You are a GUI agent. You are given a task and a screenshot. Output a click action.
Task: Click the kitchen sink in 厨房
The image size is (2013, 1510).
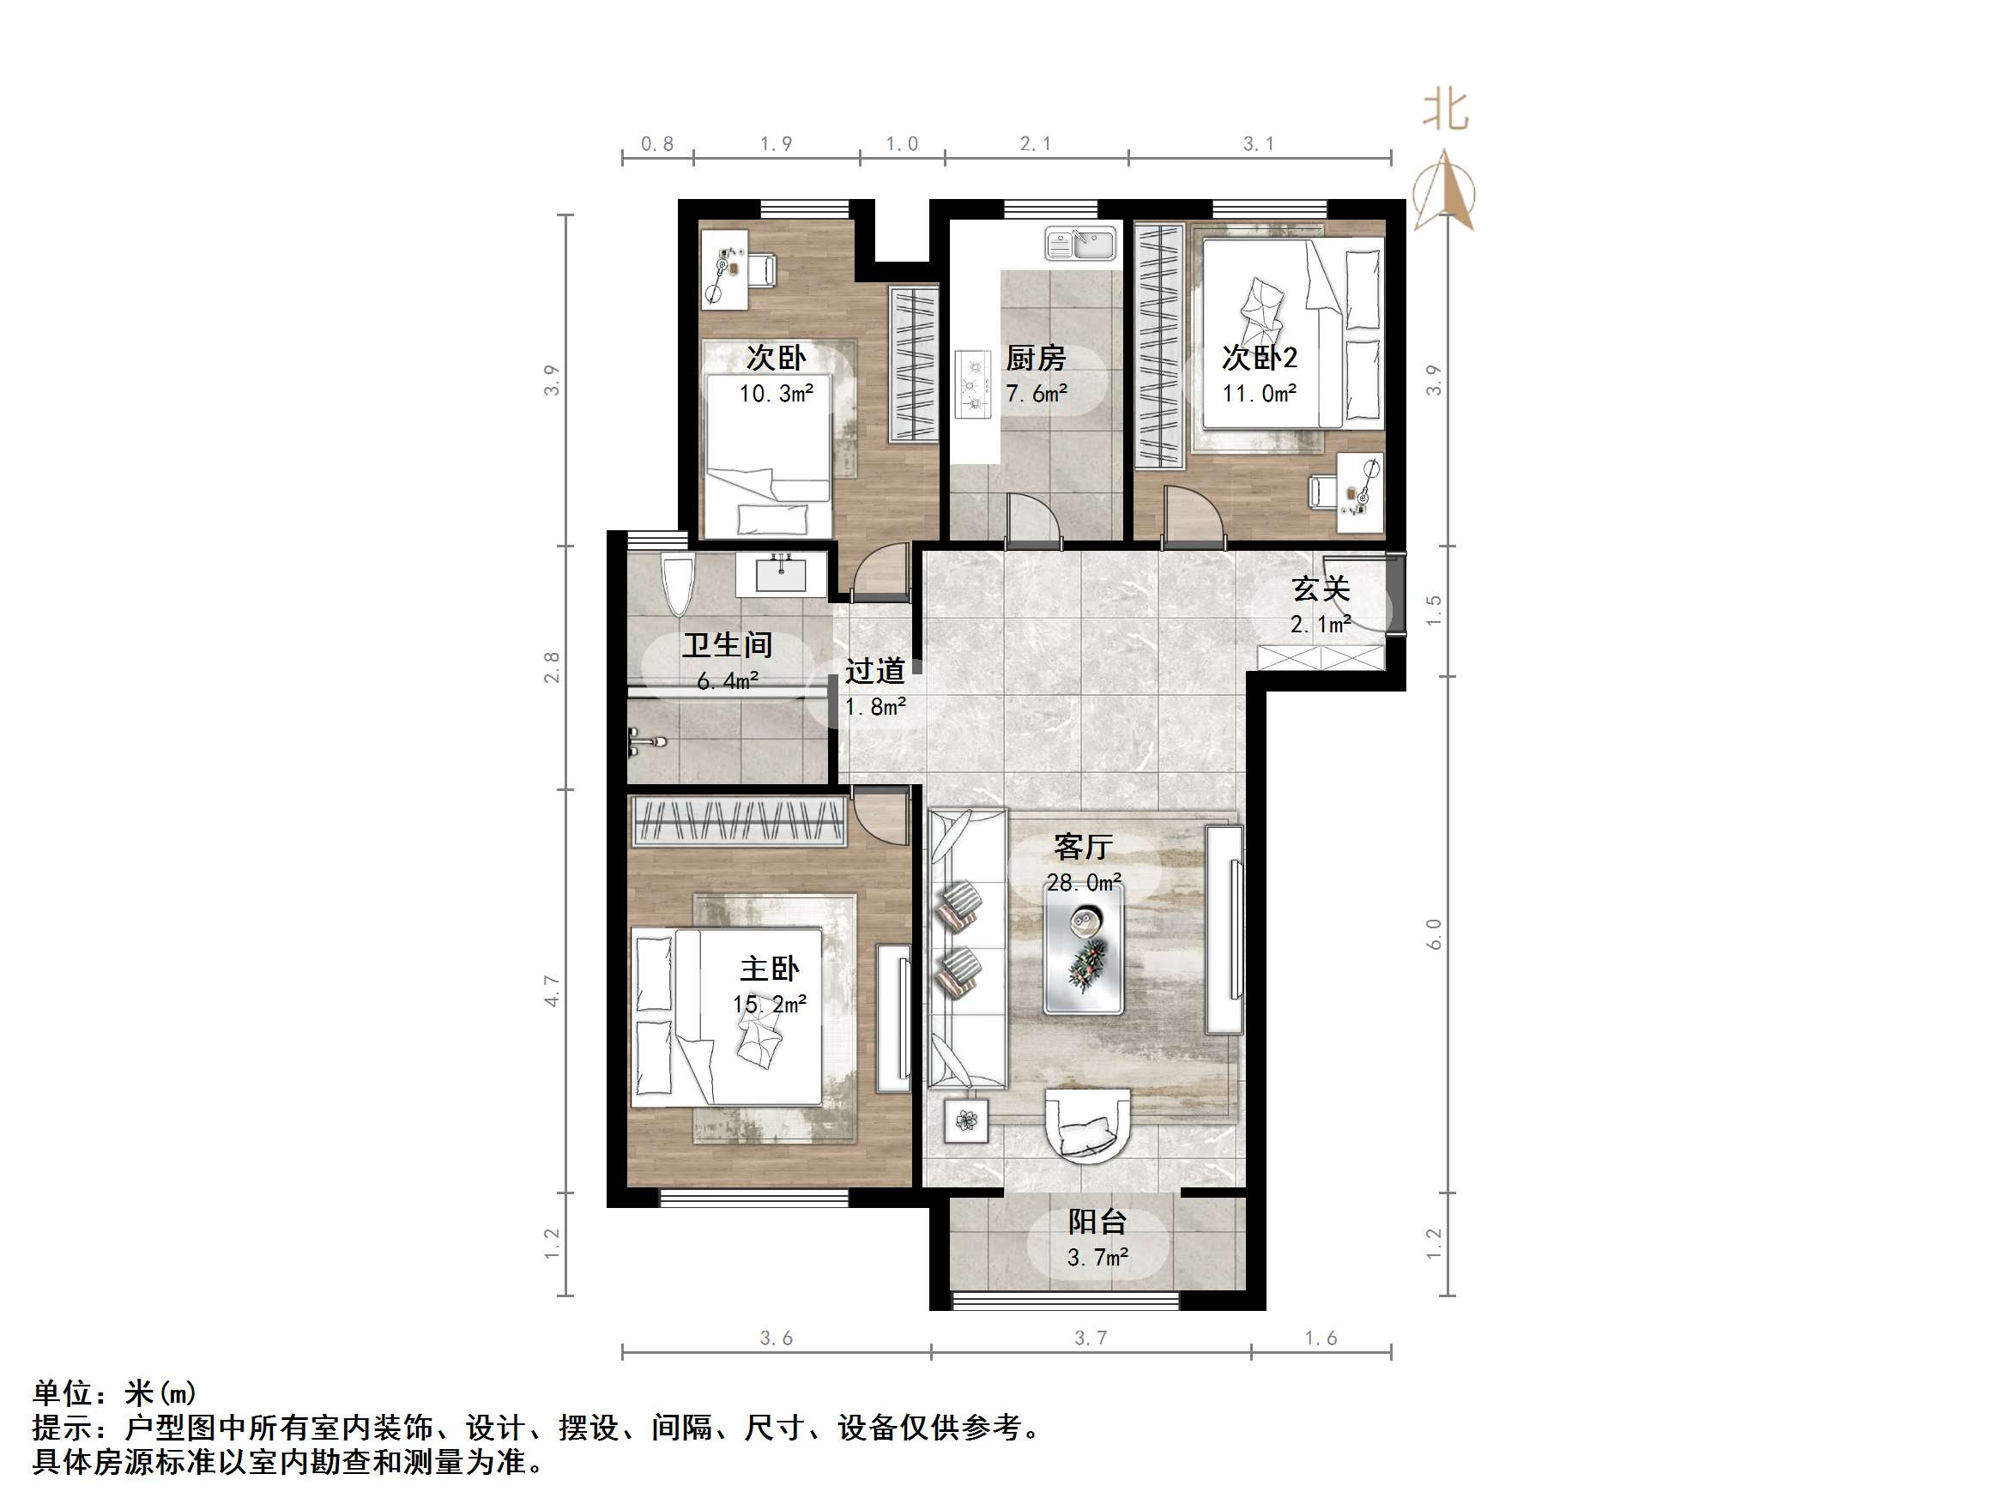coord(1080,244)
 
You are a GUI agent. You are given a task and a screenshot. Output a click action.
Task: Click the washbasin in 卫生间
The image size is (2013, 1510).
coord(782,573)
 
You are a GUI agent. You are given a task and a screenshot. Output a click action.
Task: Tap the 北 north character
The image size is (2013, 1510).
coord(1445,110)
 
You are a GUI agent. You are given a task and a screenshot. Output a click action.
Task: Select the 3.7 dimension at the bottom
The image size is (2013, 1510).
coord(1091,1338)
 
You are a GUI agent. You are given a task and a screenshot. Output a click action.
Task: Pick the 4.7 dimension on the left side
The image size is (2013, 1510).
coord(552,990)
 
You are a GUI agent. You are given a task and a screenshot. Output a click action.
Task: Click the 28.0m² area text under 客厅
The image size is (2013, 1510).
coord(1083,883)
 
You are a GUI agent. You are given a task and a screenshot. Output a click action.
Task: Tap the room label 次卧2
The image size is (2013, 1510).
coord(1260,358)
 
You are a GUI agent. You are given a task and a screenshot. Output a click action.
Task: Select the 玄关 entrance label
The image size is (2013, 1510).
coord(1321,589)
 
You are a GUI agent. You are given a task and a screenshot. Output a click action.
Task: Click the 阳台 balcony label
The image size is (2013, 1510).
coord(1097,1222)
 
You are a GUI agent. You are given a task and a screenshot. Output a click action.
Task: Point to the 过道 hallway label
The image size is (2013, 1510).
coord(874,672)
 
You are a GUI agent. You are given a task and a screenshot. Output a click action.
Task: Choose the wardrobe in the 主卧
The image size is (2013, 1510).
coord(737,821)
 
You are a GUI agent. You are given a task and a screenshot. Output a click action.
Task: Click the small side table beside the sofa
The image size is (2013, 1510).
coord(965,1120)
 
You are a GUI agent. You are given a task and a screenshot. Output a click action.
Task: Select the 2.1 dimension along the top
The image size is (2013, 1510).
coord(1036,144)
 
